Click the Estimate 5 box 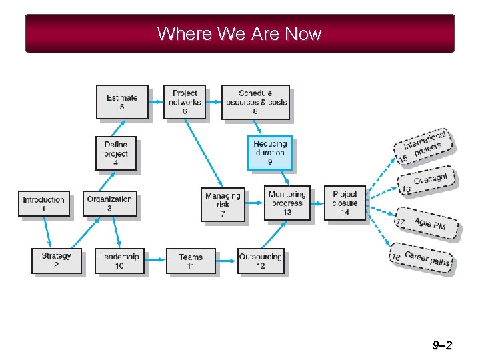[122, 102]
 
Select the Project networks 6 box [185, 102]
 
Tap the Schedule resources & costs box [255, 102]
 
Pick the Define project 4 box [116, 153]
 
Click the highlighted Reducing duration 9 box [270, 153]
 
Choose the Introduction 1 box [43, 203]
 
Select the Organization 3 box [109, 203]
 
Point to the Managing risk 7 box [223, 204]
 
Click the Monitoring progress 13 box [287, 203]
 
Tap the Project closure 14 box [345, 203]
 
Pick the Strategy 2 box [56, 260]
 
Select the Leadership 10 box [119, 261]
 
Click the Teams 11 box [191, 261]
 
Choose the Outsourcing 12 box [261, 261]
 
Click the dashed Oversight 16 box [428, 181]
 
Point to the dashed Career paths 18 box [421, 259]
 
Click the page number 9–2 [442, 345]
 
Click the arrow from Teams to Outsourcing [227, 261]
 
